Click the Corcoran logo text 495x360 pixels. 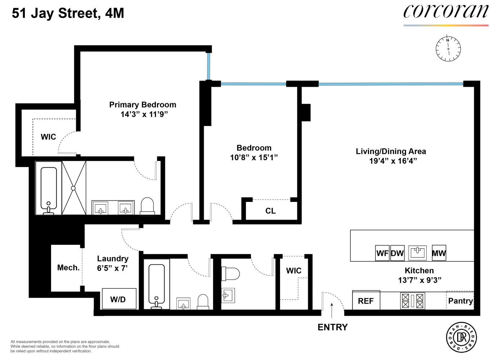(446, 12)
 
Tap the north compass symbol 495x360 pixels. (448, 49)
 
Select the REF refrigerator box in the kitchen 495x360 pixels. (366, 300)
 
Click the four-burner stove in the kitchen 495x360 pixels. (413, 301)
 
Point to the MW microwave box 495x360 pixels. (439, 253)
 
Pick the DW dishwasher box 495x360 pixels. (397, 253)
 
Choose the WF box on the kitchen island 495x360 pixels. (382, 253)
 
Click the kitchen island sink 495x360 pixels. (418, 252)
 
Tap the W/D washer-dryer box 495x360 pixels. (119, 299)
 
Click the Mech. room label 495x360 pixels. (68, 268)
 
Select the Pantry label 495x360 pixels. (460, 301)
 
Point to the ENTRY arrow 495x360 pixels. (332, 310)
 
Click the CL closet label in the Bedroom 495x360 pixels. (271, 211)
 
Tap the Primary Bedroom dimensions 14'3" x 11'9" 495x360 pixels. (144, 114)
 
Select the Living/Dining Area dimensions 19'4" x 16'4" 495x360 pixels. (393, 161)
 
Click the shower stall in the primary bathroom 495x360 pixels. (74, 188)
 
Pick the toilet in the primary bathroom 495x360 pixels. (147, 206)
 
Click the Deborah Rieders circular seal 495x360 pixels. (462, 337)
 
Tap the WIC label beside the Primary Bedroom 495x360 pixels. (48, 137)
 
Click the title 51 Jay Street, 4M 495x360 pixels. (68, 13)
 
